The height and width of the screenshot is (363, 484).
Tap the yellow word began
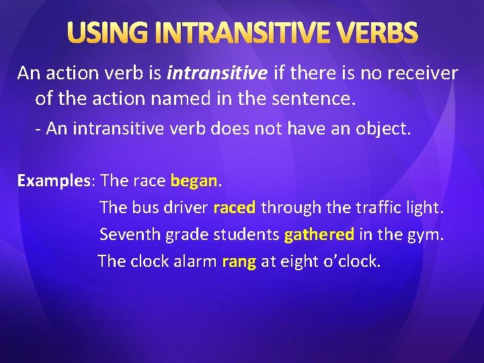[x=194, y=181]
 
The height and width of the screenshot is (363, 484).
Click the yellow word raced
[x=234, y=208]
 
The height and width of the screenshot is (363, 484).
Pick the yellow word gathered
[x=319, y=235]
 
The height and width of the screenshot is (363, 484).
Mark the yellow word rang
[x=239, y=261]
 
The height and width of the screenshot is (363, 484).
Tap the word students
[x=247, y=235]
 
